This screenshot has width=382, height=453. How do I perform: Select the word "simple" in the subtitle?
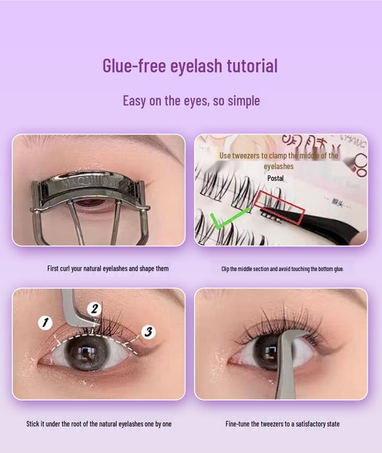243,100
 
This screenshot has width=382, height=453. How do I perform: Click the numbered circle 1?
45,322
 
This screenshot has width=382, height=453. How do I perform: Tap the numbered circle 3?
148,332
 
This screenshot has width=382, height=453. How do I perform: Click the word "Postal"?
276,178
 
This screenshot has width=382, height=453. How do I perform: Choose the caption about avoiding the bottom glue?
282,269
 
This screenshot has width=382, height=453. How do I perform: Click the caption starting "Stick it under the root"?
99,424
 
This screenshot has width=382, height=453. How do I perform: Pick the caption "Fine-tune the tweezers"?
282,424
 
